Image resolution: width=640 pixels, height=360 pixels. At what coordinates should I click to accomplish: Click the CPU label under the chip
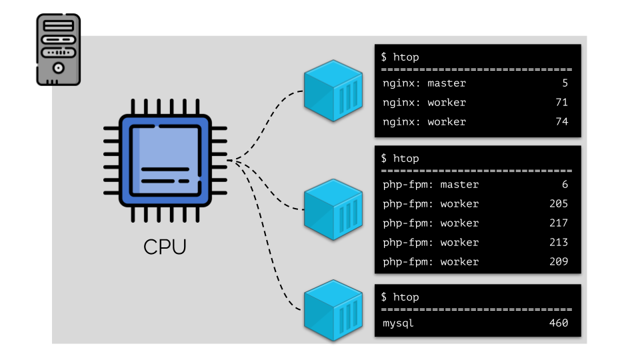(x=165, y=247)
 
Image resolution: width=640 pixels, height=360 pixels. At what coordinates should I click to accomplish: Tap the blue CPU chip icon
(x=165, y=160)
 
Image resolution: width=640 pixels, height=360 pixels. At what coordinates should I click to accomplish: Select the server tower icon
(x=58, y=50)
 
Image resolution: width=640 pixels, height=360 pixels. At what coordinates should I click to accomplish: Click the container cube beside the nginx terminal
(x=333, y=91)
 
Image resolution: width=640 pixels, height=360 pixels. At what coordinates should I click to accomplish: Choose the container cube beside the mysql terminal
(x=333, y=312)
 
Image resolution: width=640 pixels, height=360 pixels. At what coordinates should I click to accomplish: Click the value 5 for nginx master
(x=565, y=83)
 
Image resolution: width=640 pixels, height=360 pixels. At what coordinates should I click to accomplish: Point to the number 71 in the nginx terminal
(x=561, y=103)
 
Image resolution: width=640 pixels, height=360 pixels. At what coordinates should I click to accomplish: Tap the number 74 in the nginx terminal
(x=561, y=122)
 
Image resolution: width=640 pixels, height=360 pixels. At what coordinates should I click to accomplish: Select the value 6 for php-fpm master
(x=565, y=185)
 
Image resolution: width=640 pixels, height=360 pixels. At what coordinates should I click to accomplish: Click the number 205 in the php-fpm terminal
(x=559, y=204)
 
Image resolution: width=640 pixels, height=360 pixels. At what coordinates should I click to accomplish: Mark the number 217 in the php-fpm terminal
(x=559, y=223)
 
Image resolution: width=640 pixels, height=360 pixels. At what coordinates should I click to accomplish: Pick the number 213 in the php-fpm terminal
(x=559, y=243)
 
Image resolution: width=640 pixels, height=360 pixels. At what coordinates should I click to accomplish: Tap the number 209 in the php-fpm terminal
(x=559, y=262)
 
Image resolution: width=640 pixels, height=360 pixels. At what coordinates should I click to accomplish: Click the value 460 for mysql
(x=559, y=323)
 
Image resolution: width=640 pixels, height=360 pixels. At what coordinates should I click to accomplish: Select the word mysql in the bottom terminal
(x=399, y=323)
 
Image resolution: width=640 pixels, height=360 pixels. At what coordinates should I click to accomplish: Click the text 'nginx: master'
(x=425, y=83)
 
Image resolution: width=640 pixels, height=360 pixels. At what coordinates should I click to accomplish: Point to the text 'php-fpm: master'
(x=431, y=185)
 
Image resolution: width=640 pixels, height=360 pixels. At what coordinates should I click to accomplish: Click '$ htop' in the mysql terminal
(x=400, y=297)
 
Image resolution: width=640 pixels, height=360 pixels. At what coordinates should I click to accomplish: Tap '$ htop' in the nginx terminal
(x=400, y=57)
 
